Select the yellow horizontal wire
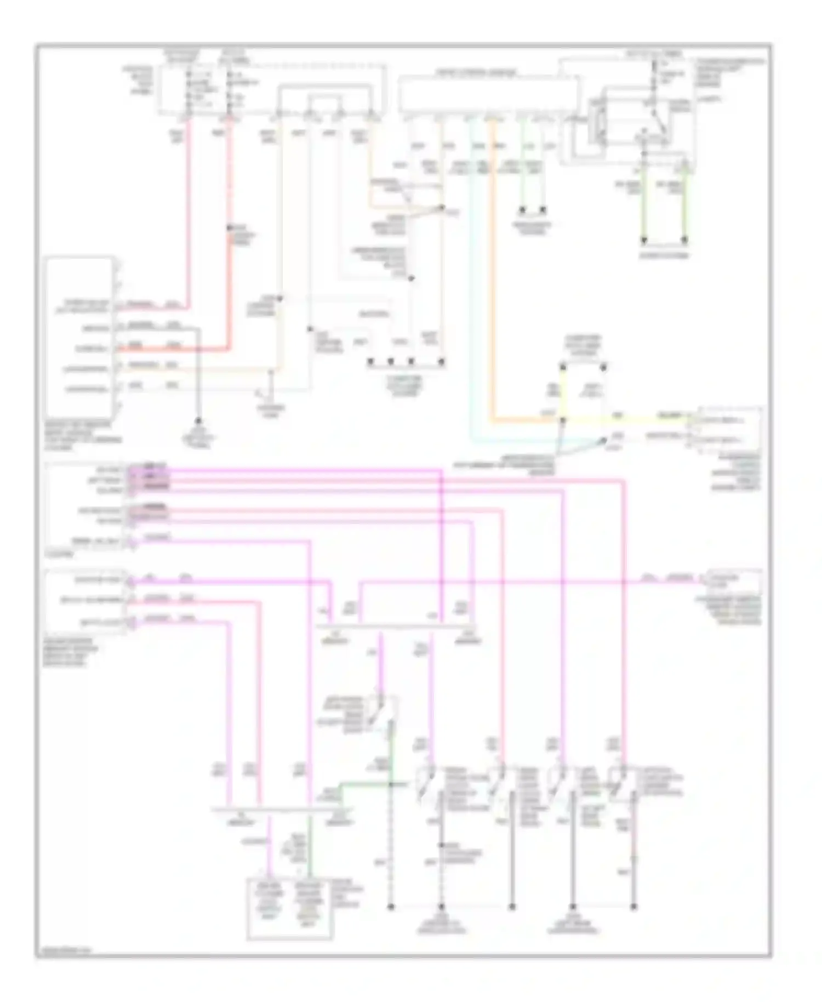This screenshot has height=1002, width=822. click(x=625, y=420)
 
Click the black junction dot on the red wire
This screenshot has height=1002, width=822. click(x=229, y=227)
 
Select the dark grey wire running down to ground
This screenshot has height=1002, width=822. click(x=198, y=384)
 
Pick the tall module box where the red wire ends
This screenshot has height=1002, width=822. click(x=81, y=337)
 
